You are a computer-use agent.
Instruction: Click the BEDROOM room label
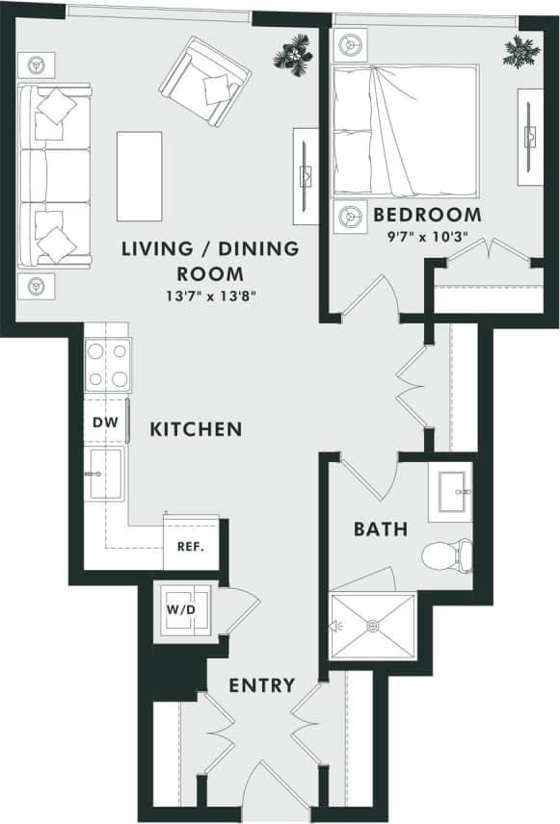[x=427, y=214]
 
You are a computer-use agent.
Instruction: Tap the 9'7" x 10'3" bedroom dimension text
[x=427, y=235]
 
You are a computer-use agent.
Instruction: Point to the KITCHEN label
[x=196, y=429]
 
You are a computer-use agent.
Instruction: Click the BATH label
[x=380, y=528]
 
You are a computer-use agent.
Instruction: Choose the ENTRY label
[x=261, y=685]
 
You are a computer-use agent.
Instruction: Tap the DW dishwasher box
[x=104, y=423]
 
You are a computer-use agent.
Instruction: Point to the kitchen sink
[x=104, y=474]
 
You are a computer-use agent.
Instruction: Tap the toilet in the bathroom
[x=446, y=554]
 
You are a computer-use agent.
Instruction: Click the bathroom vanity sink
[x=451, y=492]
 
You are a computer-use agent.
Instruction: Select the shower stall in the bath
[x=373, y=626]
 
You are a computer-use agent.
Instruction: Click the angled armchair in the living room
[x=205, y=81]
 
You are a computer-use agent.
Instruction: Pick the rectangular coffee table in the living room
[x=139, y=175]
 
